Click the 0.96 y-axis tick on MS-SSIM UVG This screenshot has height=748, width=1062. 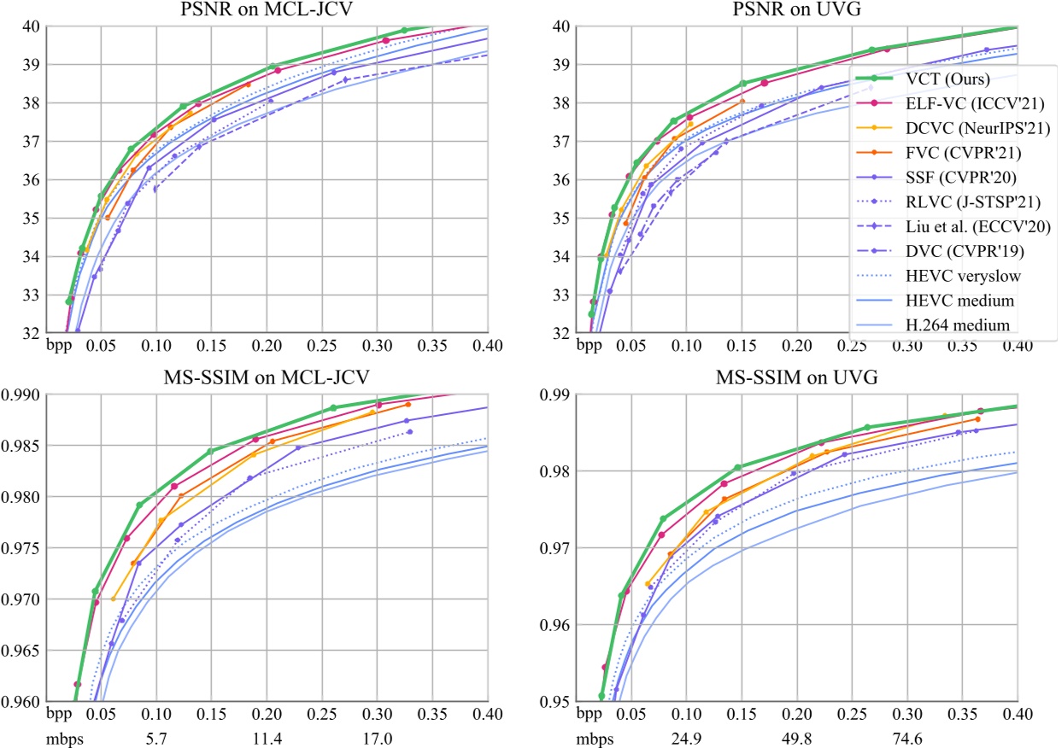click(x=558, y=625)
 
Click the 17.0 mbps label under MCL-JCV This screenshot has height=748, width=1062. click(x=377, y=736)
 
